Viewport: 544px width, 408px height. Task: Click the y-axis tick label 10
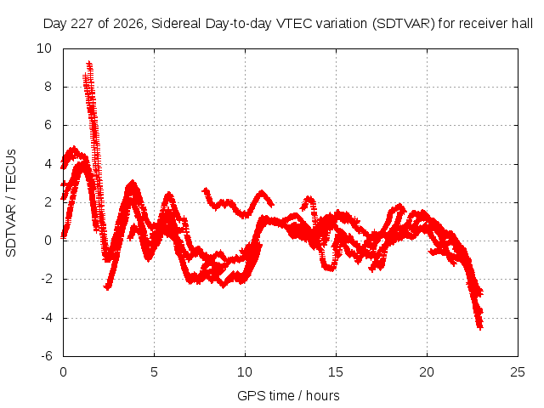coord(44,48)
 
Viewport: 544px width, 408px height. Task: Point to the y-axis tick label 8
coord(48,87)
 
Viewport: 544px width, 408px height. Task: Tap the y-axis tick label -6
coord(46,356)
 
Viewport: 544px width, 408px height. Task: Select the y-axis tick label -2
coord(46,279)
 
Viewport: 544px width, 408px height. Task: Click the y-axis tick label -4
coord(46,317)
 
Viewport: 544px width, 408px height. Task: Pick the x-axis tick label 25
coord(518,372)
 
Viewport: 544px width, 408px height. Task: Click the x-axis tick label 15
coord(336,372)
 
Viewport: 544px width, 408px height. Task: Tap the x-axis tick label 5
coord(154,372)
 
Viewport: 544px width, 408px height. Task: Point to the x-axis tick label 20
coord(427,372)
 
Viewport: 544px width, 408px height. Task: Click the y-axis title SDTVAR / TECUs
coord(11,203)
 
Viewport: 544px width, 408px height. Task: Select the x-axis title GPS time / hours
coord(288,395)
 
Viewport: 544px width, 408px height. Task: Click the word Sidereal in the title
coord(176,24)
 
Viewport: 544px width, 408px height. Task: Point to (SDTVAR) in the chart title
coord(403,24)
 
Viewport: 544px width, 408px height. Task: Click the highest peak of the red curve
coord(89,64)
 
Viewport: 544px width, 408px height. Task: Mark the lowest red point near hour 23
coord(480,327)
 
